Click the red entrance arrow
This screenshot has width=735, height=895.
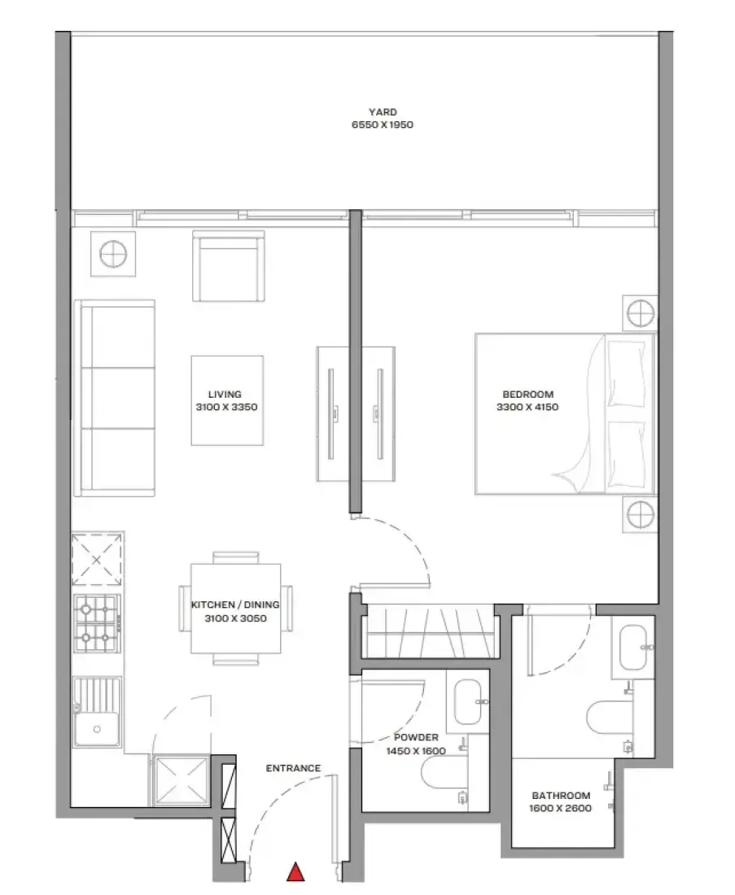tap(295, 872)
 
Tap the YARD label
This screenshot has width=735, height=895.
tap(383, 112)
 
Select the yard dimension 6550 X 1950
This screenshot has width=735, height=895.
tap(383, 124)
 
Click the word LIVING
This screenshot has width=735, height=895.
tap(225, 395)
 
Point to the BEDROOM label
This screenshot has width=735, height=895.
tap(528, 395)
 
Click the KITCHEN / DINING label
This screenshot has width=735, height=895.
tap(235, 605)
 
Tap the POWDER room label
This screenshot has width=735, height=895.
tap(416, 737)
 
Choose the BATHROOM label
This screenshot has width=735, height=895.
tap(561, 795)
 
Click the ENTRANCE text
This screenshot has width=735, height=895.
tap(294, 768)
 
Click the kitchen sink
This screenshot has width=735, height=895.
tap(97, 713)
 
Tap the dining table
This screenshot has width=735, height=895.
tap(235, 609)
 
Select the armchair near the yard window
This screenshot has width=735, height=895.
tap(229, 266)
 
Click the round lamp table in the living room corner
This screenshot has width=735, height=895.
tap(113, 254)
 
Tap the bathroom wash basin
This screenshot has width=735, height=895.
tap(632, 648)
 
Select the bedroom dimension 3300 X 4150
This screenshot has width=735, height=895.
tap(527, 407)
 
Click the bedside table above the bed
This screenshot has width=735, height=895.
tap(640, 312)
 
